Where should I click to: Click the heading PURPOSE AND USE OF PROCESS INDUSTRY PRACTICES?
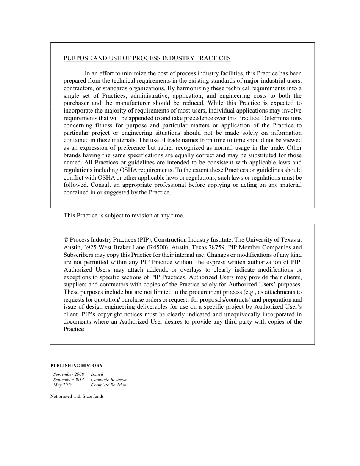[147, 58]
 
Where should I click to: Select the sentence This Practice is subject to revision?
[124, 216]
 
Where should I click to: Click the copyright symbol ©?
[66, 240]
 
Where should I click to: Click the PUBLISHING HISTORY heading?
[77, 366]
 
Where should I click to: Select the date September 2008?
[69, 374]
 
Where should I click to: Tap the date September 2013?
[69, 380]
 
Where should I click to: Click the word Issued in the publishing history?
[97, 374]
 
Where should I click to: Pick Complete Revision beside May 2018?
[109, 385]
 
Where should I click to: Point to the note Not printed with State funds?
[77, 396]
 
